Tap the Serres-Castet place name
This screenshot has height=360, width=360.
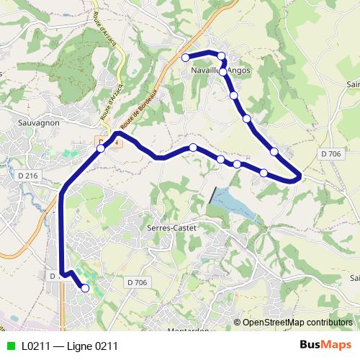click(171, 227)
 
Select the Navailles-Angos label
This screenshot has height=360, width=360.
click(221, 71)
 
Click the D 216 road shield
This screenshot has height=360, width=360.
click(29, 176)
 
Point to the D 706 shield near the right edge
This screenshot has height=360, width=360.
click(331, 153)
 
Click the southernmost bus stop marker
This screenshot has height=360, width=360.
click(85, 288)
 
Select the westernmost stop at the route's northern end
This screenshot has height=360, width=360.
click(185, 57)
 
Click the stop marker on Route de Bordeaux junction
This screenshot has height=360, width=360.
click(101, 148)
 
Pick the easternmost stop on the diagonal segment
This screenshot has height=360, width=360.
click(274, 150)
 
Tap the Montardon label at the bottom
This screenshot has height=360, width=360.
click(189, 330)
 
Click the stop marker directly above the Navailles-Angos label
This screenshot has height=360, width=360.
click(221, 55)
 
